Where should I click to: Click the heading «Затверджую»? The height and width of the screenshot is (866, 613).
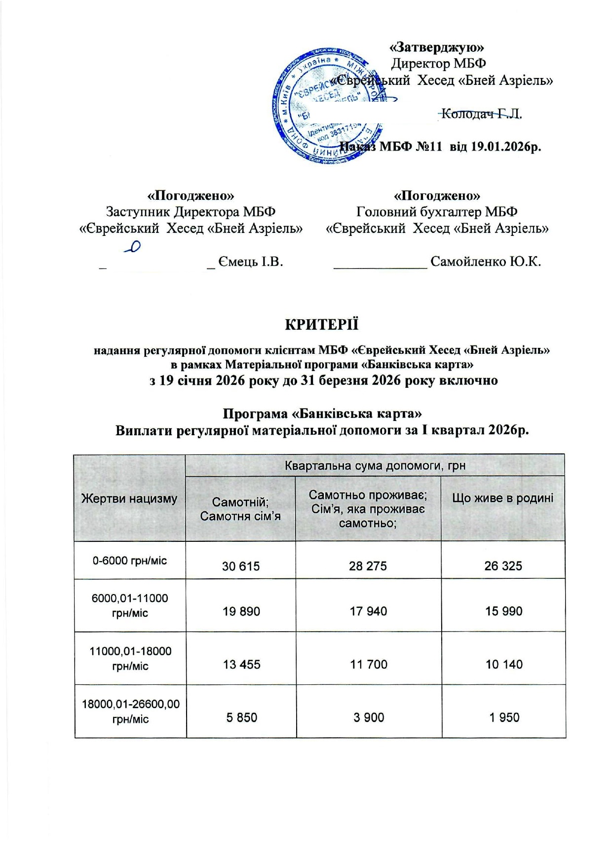(437, 47)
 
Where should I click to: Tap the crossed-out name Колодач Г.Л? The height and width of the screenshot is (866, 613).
(481, 114)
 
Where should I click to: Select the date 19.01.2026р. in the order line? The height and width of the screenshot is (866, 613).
(506, 147)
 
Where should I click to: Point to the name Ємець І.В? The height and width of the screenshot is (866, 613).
(251, 262)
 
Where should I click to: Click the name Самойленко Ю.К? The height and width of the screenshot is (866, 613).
(486, 262)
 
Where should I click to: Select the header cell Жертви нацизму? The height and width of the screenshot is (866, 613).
(129, 498)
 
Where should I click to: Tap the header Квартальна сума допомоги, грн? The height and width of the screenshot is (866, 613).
(375, 465)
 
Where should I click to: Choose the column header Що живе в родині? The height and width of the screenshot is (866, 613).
(503, 498)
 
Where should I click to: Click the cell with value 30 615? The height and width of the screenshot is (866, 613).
(241, 566)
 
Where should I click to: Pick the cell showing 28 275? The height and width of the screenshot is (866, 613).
(368, 566)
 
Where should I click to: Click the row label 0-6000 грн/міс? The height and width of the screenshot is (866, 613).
(130, 561)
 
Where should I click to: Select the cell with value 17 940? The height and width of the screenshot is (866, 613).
(368, 611)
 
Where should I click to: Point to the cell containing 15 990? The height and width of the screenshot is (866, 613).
(503, 611)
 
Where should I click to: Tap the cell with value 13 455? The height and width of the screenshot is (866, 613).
(241, 664)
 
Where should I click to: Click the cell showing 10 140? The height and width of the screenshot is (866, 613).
(504, 664)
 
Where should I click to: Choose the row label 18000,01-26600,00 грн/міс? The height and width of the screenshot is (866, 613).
(130, 711)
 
